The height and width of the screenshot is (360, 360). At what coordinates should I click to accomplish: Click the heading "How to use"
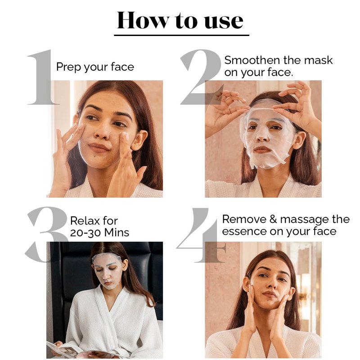point(180,20)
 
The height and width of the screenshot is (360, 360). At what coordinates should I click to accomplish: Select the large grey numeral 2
point(202,77)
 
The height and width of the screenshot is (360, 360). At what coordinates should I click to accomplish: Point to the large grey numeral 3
point(47,234)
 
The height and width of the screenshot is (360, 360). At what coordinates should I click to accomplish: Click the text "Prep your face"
point(95,67)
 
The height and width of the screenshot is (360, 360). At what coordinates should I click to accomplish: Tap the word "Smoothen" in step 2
point(252,60)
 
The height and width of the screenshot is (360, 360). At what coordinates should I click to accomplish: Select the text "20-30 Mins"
point(99,233)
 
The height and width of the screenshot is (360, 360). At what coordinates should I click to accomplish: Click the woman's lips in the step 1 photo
point(98,148)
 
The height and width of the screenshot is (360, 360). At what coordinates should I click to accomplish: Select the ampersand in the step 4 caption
point(273,219)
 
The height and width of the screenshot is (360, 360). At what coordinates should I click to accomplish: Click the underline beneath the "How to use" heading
point(182,35)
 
